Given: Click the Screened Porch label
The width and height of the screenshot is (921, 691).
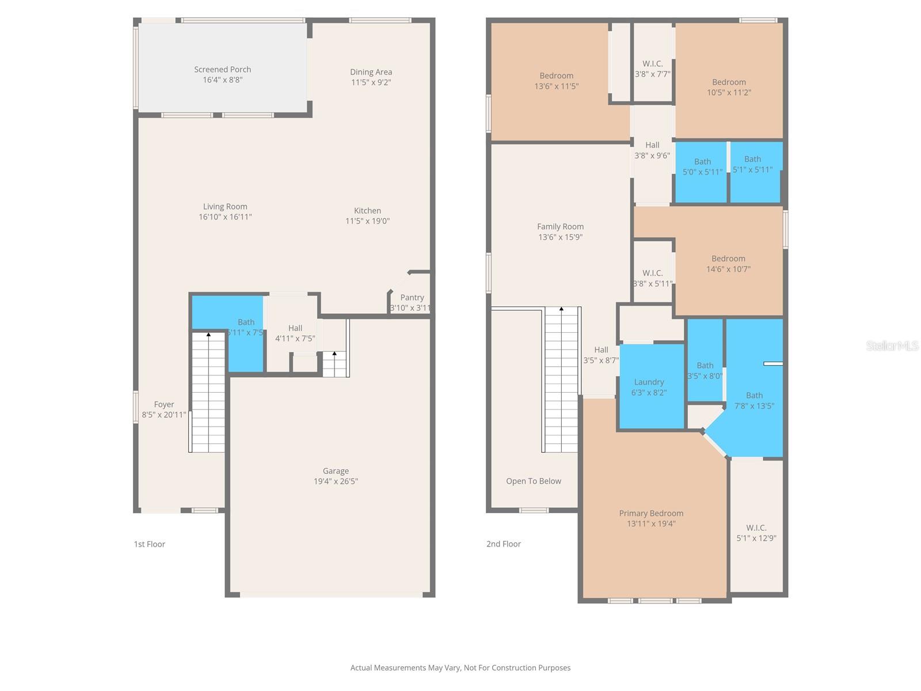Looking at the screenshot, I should (x=222, y=70).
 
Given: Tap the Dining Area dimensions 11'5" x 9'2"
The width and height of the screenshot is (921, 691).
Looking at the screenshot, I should (x=371, y=82).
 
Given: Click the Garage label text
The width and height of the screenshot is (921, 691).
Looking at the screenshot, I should (x=336, y=471).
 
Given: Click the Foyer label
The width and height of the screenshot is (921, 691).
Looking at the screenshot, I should (x=164, y=405).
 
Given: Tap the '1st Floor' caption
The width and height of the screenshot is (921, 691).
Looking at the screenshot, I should (x=150, y=544).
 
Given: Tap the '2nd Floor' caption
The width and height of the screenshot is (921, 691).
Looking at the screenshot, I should (x=504, y=544).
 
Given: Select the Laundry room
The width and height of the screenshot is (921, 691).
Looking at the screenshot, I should (x=650, y=386).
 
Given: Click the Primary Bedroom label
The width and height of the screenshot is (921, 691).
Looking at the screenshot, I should (x=651, y=514).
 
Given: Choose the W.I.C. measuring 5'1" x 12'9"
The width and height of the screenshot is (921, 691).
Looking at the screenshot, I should (x=756, y=533).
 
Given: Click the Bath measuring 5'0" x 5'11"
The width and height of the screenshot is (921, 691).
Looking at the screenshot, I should (x=702, y=166).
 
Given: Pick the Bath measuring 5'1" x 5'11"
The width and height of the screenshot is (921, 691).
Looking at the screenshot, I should (x=752, y=164).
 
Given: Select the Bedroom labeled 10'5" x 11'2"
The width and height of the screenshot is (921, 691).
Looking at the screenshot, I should (x=729, y=87).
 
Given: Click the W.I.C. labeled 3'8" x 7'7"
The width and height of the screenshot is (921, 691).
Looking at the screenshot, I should (x=652, y=69).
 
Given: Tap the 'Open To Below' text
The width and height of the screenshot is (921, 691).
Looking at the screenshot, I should (x=534, y=481).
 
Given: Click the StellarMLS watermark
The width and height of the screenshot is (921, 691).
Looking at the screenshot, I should (x=892, y=345).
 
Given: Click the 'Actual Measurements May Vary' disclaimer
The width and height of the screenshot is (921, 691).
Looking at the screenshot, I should (x=461, y=668).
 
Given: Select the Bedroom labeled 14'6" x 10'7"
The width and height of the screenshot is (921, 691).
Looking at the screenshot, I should (x=728, y=264).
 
